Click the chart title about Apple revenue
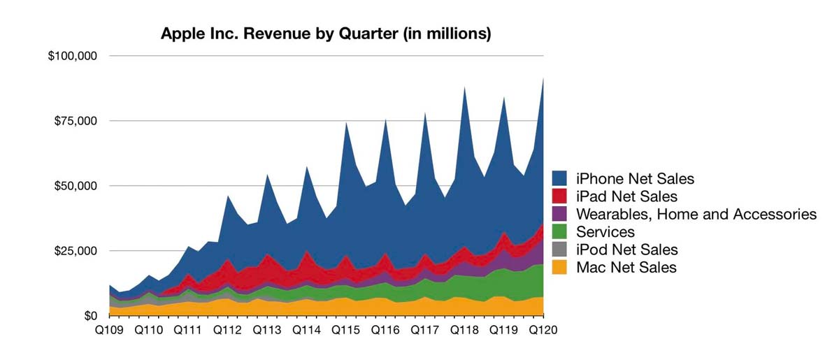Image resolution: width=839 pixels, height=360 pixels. coord(326,33)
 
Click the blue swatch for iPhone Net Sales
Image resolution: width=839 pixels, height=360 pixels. coord(559,179)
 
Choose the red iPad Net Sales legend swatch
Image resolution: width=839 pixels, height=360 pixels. coord(559,196)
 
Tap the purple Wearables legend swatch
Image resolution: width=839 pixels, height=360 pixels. coord(559,214)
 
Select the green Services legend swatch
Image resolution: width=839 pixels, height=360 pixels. coord(559,231)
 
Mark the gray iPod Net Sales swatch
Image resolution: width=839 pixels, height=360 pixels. coord(559,249)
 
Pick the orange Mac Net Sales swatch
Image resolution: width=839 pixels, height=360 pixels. coord(559,266)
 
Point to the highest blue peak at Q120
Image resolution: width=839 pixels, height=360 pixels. coord(543,79)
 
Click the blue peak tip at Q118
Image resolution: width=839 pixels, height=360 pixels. coord(464,88)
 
